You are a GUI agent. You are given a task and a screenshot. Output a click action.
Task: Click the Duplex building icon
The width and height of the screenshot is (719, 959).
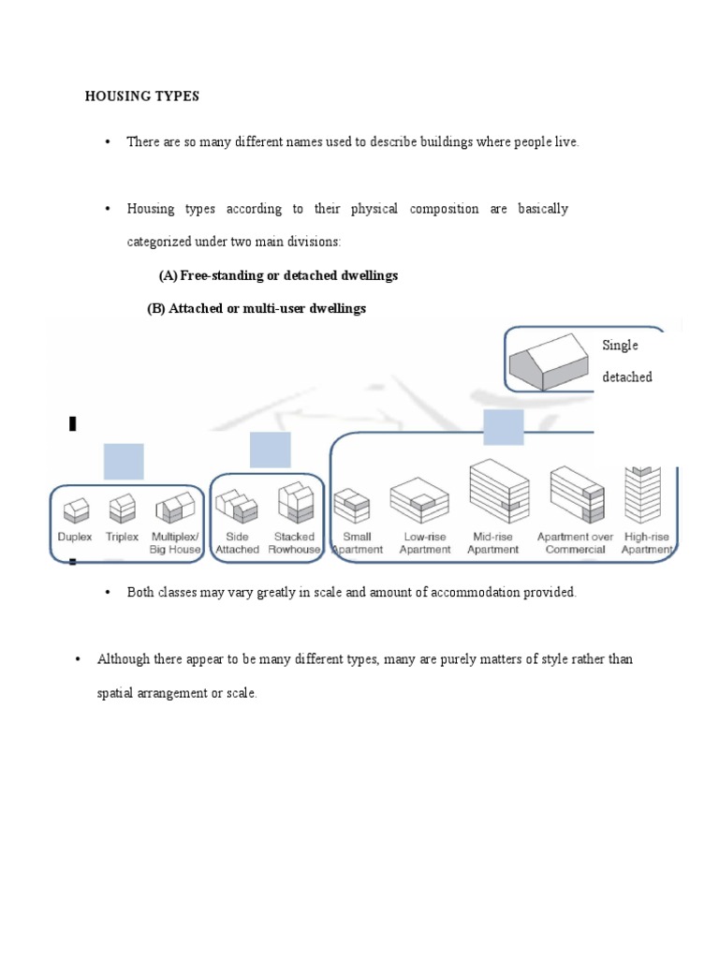point(76,509)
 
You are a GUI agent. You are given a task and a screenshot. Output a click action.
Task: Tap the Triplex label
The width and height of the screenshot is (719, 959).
point(122,537)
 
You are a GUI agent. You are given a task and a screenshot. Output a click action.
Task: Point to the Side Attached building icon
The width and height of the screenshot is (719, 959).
point(237,507)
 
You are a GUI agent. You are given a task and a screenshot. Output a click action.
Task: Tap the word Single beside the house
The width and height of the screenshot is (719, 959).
point(620,346)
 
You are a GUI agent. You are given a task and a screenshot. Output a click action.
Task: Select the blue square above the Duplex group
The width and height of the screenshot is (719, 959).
point(123,462)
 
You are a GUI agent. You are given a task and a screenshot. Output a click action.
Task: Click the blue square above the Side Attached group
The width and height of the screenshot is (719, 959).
point(271,450)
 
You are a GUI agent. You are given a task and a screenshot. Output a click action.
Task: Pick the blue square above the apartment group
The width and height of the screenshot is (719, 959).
point(504,426)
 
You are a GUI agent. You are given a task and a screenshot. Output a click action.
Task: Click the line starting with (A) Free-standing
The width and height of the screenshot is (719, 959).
point(278,275)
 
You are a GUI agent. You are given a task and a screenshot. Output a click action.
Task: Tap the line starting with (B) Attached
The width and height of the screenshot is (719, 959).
point(257,309)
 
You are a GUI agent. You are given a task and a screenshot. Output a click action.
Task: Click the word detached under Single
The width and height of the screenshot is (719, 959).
point(626,377)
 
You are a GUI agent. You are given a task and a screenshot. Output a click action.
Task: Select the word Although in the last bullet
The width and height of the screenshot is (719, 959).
point(125,659)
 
